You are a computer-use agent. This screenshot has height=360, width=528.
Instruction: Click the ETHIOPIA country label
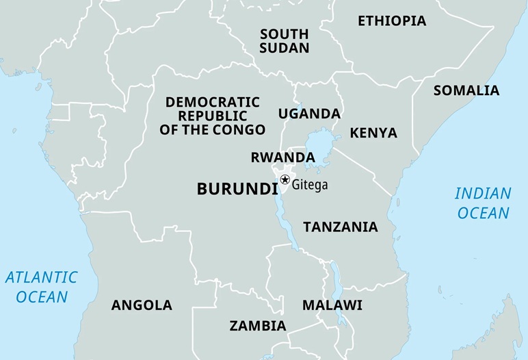(392, 21)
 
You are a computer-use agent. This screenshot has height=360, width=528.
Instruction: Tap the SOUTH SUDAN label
(285, 41)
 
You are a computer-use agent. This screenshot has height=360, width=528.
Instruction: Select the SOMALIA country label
(466, 90)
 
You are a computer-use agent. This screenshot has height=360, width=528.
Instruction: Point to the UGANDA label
(309, 114)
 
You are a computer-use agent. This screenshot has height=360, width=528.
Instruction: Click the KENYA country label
(373, 133)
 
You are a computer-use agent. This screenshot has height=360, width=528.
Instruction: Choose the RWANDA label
(282, 157)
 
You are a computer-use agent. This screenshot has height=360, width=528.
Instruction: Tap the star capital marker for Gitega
(285, 179)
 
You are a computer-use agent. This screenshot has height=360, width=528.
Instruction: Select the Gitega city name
(310, 185)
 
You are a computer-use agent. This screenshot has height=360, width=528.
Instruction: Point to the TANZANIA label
(341, 227)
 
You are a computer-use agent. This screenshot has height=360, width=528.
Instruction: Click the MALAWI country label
(332, 305)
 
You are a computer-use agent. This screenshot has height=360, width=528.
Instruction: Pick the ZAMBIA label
(258, 325)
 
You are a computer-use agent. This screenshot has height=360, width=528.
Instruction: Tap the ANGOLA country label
(142, 305)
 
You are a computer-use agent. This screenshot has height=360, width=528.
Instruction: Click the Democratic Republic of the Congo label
(213, 116)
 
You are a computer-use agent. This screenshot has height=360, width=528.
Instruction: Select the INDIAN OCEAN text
(483, 203)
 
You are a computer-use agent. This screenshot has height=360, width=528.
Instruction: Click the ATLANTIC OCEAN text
(42, 287)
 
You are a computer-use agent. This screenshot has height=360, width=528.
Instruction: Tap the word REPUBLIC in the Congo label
(213, 116)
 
